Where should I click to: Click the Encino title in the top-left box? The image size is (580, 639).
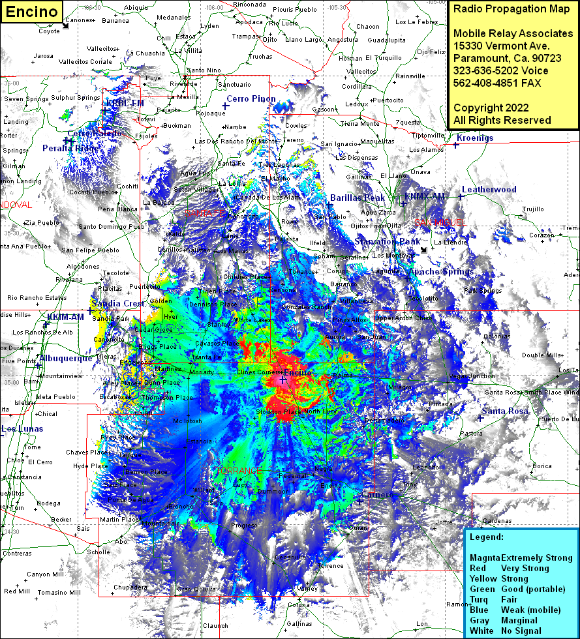pyautogui.click(x=32, y=11)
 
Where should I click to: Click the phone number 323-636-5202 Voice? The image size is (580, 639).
pyautogui.click(x=500, y=70)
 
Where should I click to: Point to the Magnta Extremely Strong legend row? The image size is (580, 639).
pyautogui.click(x=521, y=557)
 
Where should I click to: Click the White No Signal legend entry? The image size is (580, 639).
pyautogui.click(x=508, y=631)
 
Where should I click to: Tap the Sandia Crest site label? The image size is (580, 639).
pyautogui.click(x=117, y=304)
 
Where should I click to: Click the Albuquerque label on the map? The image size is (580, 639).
pyautogui.click(x=66, y=358)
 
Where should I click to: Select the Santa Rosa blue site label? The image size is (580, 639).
pyautogui.click(x=505, y=411)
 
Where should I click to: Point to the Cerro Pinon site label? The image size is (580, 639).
pyautogui.click(x=251, y=98)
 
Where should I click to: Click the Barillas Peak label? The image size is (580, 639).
pyautogui.click(x=357, y=198)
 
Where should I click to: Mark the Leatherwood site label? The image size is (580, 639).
pyautogui.click(x=489, y=189)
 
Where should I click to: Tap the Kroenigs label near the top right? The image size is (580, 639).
pyautogui.click(x=475, y=138)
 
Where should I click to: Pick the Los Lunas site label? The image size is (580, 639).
pyautogui.click(x=22, y=428)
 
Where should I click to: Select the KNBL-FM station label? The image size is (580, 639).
pyautogui.click(x=125, y=103)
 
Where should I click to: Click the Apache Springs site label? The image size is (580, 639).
pyautogui.click(x=441, y=271)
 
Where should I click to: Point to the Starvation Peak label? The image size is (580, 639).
pyautogui.click(x=388, y=241)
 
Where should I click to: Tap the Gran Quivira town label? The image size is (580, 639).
pyautogui.click(x=196, y=589)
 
